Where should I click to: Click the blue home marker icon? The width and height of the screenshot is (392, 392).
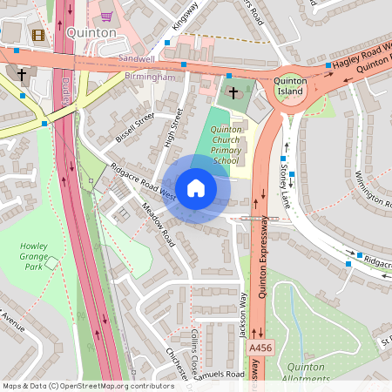pos(196,188)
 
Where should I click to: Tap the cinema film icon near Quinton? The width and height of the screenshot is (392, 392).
pos(38,35)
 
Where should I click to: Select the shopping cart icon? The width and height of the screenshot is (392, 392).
pos(106,15)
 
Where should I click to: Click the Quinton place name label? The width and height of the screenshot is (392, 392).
pos(91,33)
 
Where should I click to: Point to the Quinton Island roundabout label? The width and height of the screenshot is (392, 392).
pos(289,86)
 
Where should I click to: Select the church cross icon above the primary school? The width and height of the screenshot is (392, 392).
pos(233,92)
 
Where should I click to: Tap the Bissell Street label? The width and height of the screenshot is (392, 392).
pos(135,127)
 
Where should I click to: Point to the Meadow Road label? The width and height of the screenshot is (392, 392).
pos(158,227)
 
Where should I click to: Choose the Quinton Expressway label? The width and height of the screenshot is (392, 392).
pos(267,261)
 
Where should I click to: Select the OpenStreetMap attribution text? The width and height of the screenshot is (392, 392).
pos(88,385)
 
